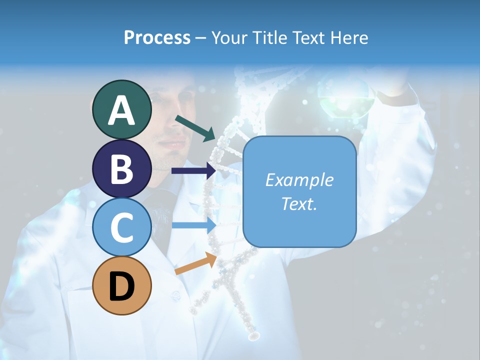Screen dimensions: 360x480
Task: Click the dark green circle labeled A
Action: pyautogui.click(x=121, y=110)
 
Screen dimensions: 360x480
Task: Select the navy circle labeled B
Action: pyautogui.click(x=121, y=169)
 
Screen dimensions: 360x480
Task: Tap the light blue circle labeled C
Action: pyautogui.click(x=121, y=227)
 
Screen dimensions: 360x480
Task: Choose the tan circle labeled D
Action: pyautogui.click(x=121, y=286)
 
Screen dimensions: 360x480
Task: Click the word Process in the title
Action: pyautogui.click(x=157, y=37)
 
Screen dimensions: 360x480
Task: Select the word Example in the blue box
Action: pyautogui.click(x=299, y=180)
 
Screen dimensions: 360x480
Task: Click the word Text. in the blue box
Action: pyautogui.click(x=299, y=203)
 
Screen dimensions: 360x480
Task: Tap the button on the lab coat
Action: pyautogui.click(x=174, y=296)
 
